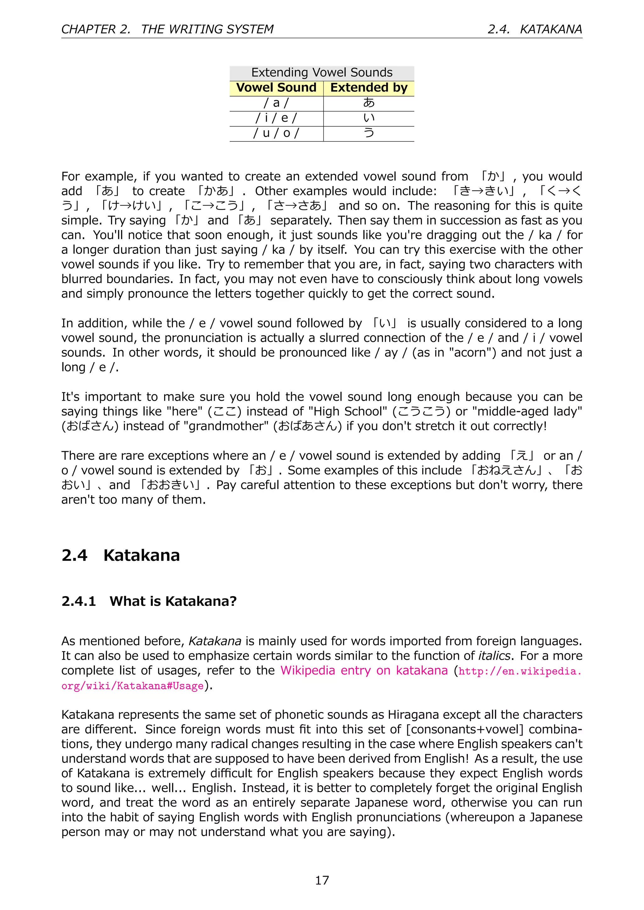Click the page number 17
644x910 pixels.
point(322,880)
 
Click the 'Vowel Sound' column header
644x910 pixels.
point(276,88)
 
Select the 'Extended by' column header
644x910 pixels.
point(369,88)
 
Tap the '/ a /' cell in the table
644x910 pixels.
point(276,103)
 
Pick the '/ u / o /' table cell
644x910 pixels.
point(276,133)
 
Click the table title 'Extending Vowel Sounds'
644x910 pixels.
point(322,73)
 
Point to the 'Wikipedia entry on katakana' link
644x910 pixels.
point(364,670)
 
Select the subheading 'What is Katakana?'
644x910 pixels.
point(173,601)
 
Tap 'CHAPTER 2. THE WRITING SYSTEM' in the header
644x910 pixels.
point(167,29)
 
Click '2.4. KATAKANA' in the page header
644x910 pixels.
point(535,29)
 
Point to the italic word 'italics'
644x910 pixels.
point(494,655)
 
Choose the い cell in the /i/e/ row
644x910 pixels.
point(369,118)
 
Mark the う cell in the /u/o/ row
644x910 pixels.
point(369,133)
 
